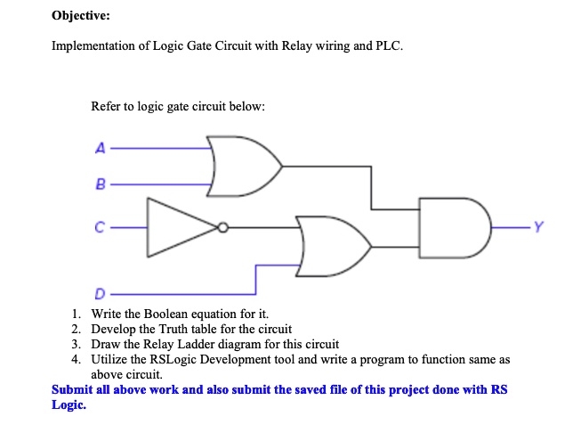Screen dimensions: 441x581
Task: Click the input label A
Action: pyautogui.click(x=99, y=149)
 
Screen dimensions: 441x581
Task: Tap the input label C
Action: pyautogui.click(x=99, y=229)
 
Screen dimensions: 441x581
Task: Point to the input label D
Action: pyautogui.click(x=99, y=292)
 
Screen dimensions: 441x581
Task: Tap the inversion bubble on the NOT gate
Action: pyautogui.click(x=223, y=228)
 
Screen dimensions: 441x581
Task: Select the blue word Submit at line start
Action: pyautogui.click(x=73, y=389)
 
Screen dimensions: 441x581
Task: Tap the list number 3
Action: pyautogui.click(x=77, y=344)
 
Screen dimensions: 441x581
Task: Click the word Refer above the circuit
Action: pyautogui.click(x=107, y=107)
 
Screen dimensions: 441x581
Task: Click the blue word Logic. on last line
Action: pyautogui.click(x=69, y=404)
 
